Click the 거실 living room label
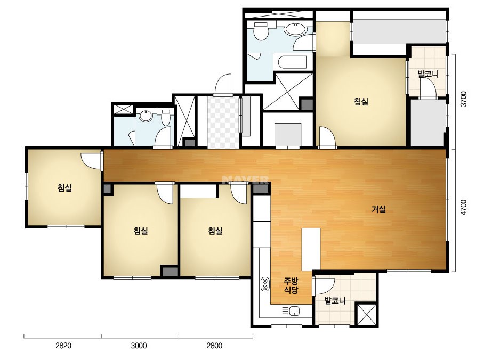point(378,209)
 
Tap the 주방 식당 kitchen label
point(291,285)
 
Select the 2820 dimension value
point(63,346)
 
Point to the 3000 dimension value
point(139,346)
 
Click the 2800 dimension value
point(214,346)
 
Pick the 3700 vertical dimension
point(463,99)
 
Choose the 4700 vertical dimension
point(463,207)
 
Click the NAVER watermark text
point(245,180)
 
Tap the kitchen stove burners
point(265,284)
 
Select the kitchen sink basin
point(294,311)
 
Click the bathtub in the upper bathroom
point(292,62)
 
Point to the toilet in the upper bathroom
point(261,31)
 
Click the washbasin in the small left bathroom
point(146,116)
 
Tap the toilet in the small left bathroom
point(165,118)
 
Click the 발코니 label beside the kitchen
point(335,301)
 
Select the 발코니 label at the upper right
point(428,74)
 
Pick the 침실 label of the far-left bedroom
point(65,188)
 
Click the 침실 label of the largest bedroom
point(361,101)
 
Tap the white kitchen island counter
point(311,249)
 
